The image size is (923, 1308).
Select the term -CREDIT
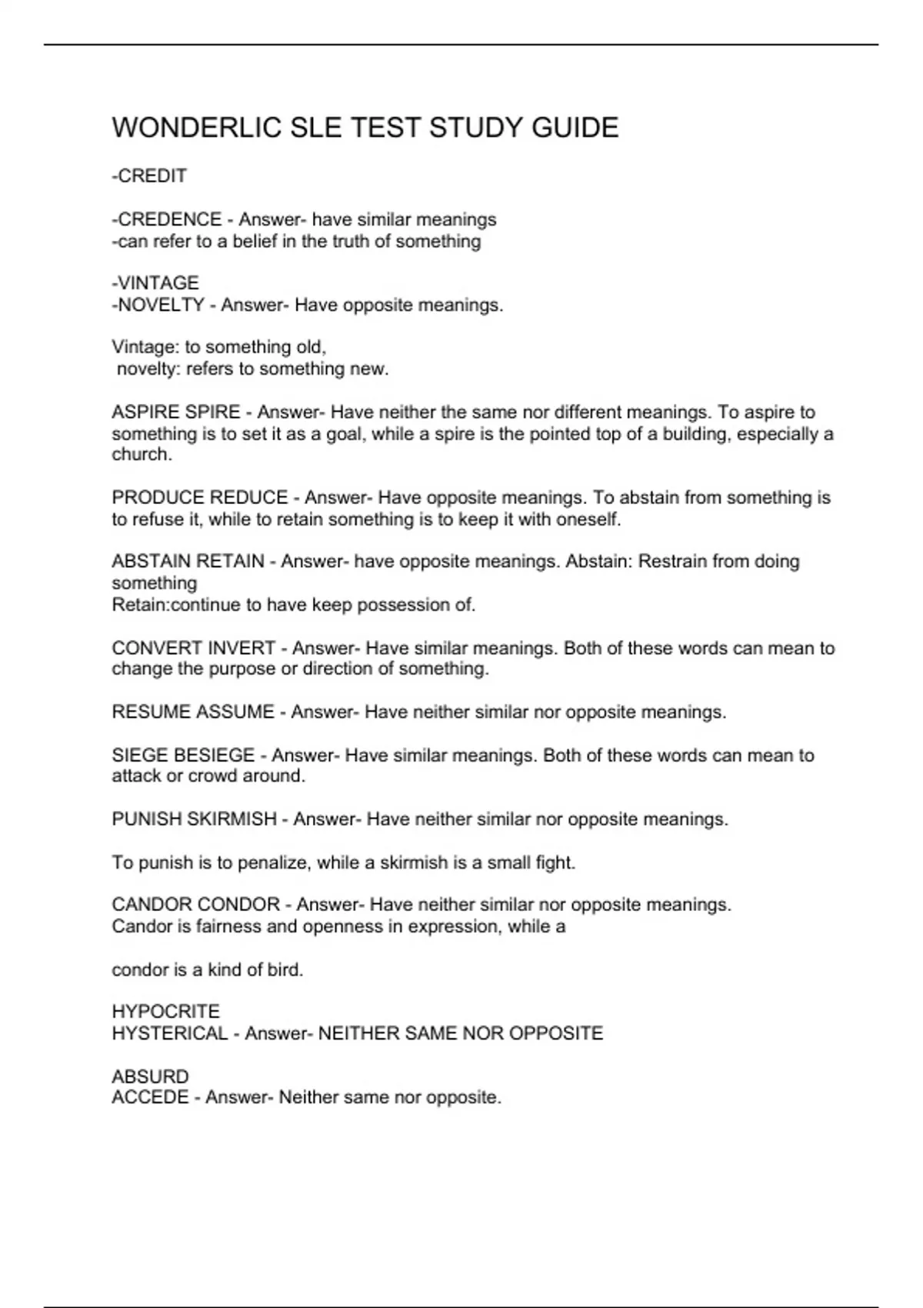[x=149, y=176]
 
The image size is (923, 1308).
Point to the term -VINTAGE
[x=155, y=283]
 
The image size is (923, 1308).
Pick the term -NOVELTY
[x=158, y=305]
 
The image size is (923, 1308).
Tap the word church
[x=141, y=455]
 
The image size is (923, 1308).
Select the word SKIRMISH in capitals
[x=232, y=819]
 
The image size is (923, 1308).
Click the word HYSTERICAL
[x=170, y=1033]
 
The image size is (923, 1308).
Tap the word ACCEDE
[x=150, y=1097]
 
